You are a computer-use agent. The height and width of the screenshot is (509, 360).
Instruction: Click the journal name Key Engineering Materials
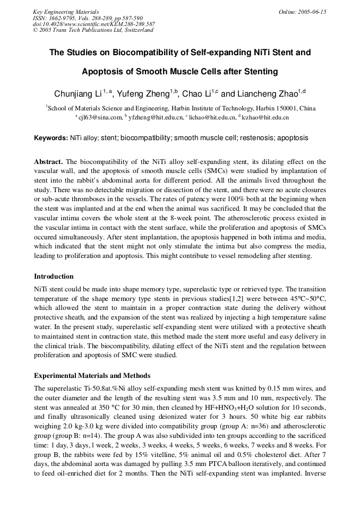click(x=66, y=12)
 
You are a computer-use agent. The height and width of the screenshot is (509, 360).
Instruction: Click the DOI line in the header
click(x=94, y=24)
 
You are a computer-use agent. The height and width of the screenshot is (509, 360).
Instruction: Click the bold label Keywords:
click(x=51, y=138)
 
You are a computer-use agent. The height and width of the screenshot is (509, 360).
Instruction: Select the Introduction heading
click(x=54, y=277)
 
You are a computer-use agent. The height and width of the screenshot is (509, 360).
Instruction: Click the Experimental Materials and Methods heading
click(x=92, y=376)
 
